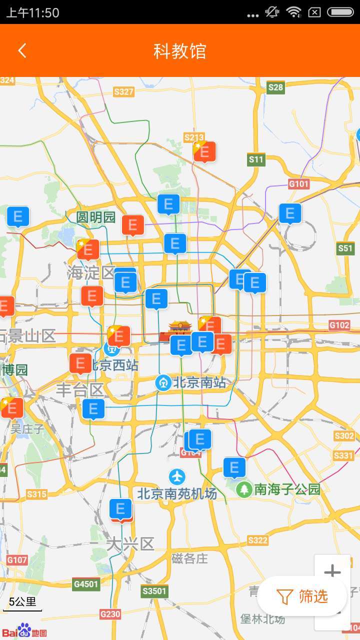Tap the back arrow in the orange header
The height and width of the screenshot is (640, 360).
(x=22, y=50)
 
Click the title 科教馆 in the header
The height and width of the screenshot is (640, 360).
(x=180, y=51)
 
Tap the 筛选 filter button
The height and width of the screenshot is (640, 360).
(x=302, y=596)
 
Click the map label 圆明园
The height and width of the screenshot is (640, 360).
(x=95, y=217)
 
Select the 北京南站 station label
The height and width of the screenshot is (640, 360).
(x=199, y=383)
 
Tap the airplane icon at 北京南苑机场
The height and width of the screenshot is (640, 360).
(x=177, y=476)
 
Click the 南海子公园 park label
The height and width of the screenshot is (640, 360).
(x=287, y=489)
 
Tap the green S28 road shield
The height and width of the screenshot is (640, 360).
(x=275, y=87)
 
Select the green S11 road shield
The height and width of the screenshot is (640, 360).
(x=256, y=160)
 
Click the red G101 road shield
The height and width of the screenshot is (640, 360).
(x=298, y=184)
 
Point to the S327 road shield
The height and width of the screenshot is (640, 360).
(x=123, y=91)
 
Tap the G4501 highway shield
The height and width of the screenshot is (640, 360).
(x=86, y=583)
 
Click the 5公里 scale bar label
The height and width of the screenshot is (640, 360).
(x=22, y=601)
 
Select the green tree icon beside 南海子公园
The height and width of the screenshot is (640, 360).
(x=244, y=489)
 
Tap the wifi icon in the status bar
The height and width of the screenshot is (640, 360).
(x=293, y=12)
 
